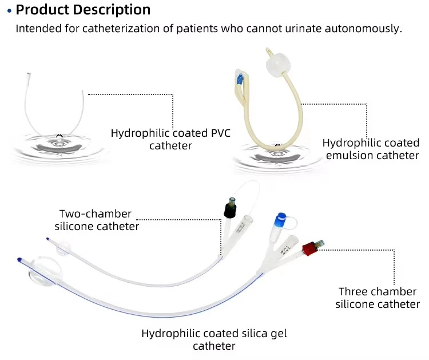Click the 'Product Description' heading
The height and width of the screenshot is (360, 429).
pyautogui.click(x=84, y=10)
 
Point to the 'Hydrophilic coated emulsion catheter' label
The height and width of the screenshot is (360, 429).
pyautogui.click(x=371, y=149)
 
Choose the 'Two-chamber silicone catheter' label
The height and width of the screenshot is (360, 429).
pyautogui.click(x=97, y=220)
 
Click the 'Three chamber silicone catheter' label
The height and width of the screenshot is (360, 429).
pyautogui.click(x=378, y=298)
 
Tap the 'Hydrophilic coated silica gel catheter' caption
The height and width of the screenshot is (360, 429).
pyautogui.click(x=214, y=339)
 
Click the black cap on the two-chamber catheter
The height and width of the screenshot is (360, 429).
pyautogui.click(x=231, y=209)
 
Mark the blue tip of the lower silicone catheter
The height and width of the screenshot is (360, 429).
pyautogui.click(x=20, y=259)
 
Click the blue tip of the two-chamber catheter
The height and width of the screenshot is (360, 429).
pyautogui.click(x=48, y=240)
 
